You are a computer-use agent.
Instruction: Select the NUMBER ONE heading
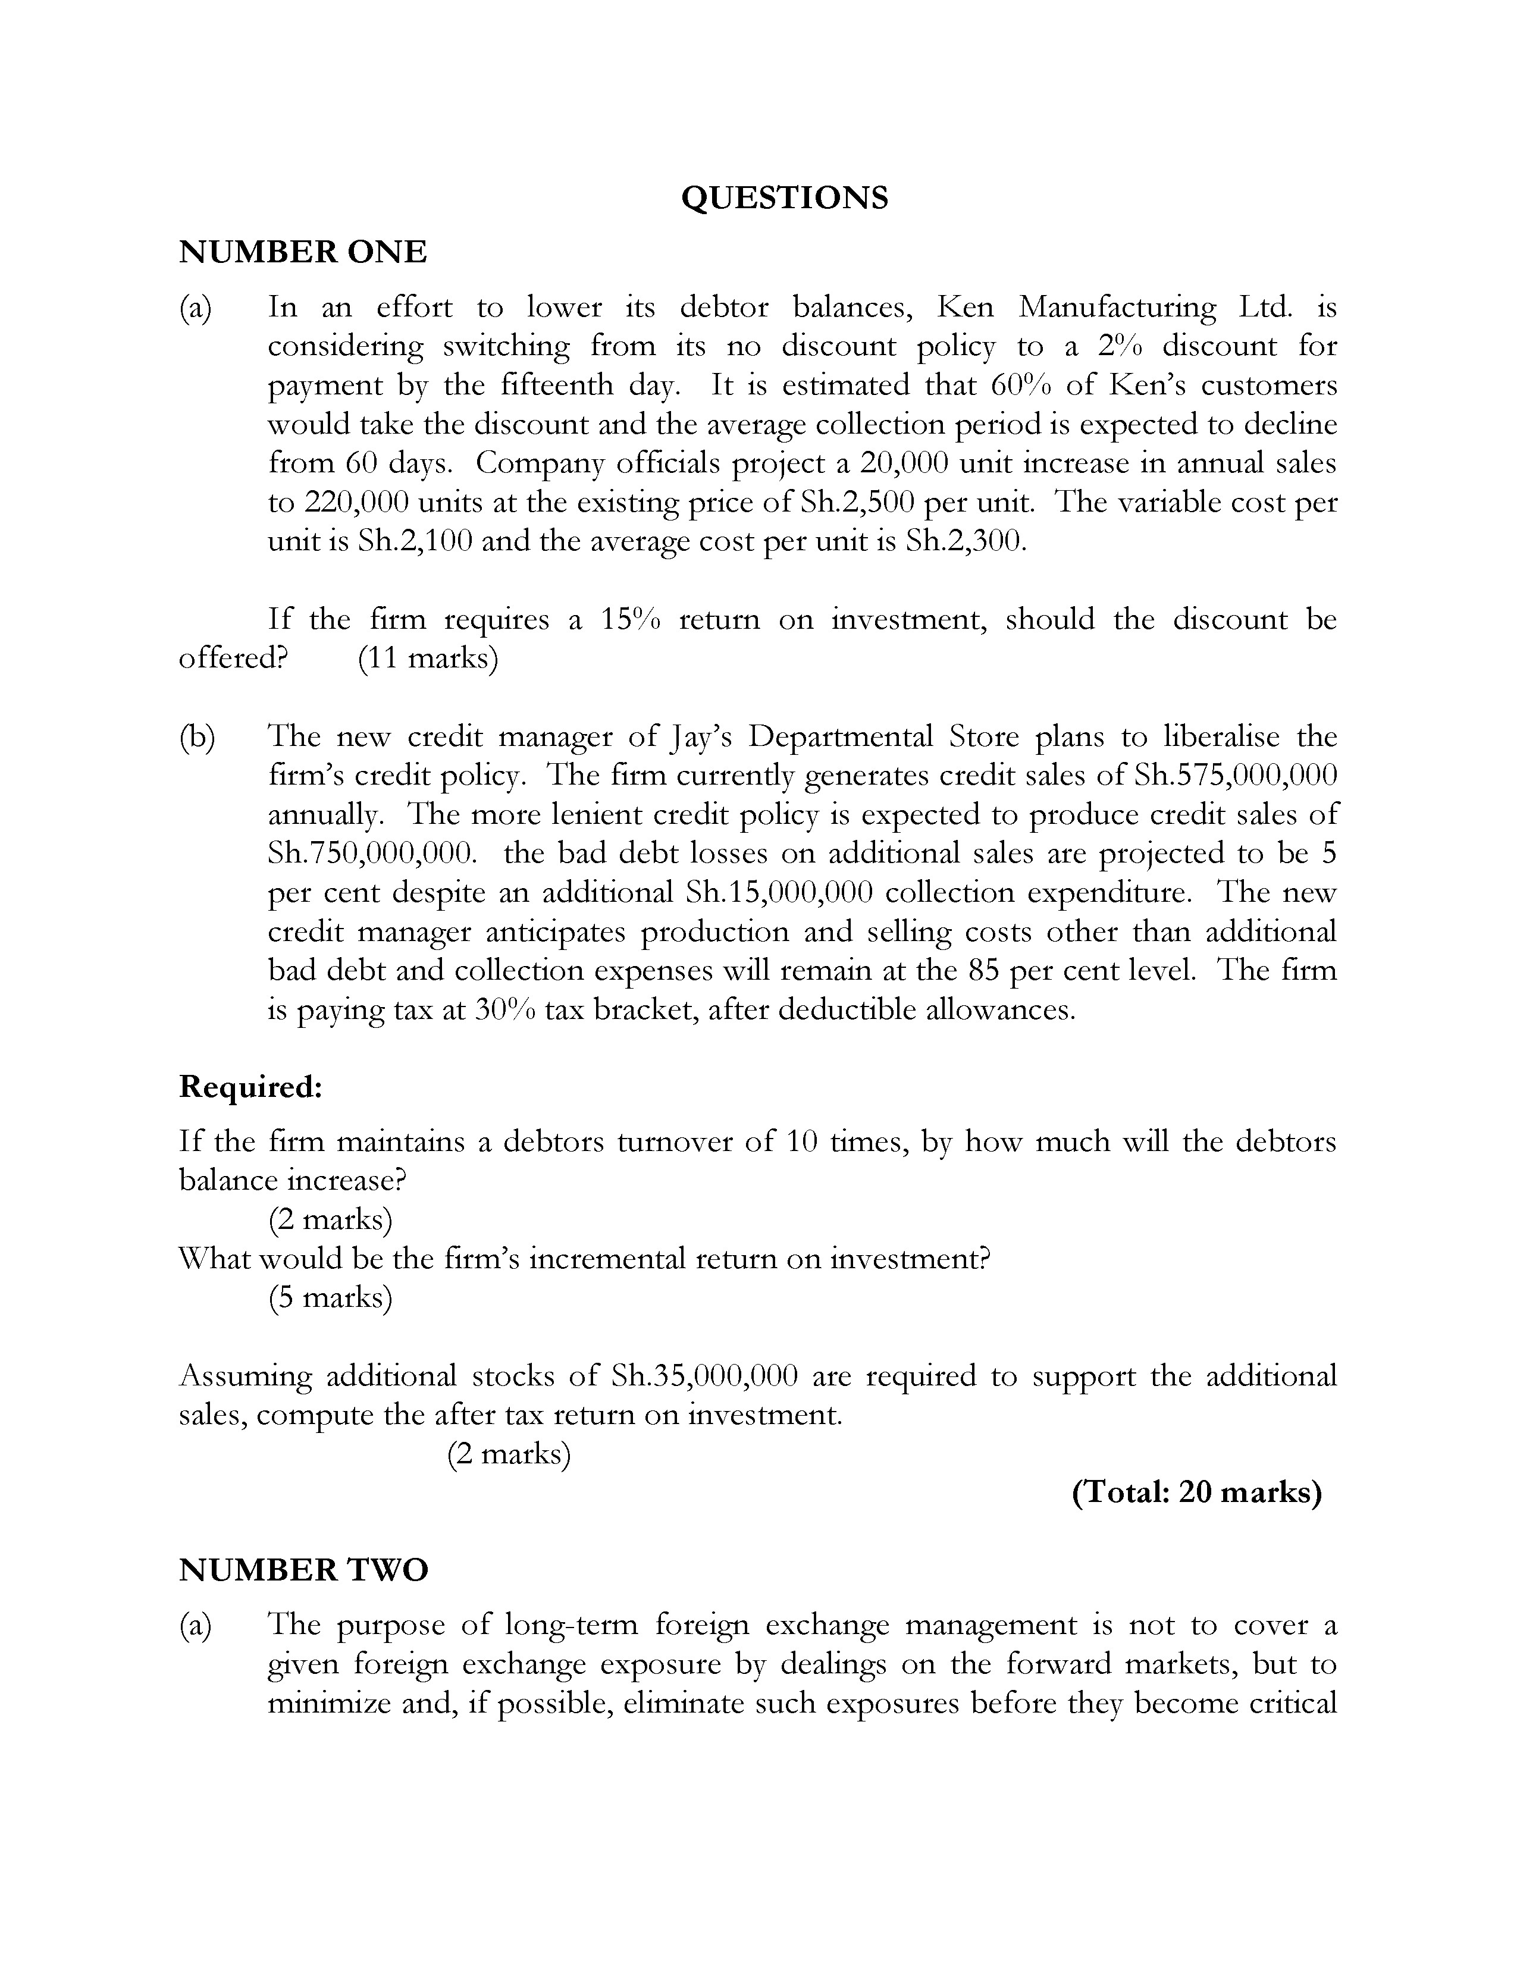(x=303, y=252)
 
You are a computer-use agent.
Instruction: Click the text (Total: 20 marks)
(x=1196, y=1492)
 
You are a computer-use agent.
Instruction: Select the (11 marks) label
(x=428, y=658)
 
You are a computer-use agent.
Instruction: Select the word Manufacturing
(x=1117, y=308)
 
